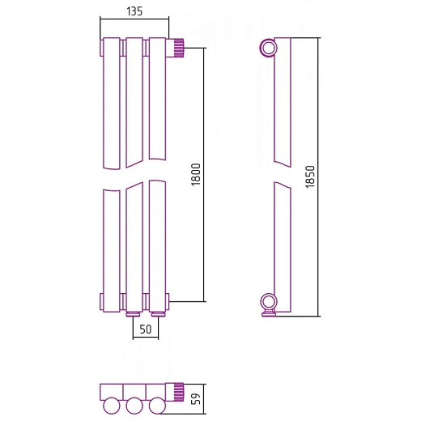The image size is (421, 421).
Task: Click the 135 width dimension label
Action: [x=134, y=11]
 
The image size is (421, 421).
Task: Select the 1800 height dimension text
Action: [x=196, y=174]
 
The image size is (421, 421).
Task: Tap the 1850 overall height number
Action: [x=310, y=176]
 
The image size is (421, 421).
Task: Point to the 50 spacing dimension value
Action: [x=146, y=330]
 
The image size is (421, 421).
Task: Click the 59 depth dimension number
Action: [x=196, y=399]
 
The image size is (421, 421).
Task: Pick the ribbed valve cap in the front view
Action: [x=179, y=48]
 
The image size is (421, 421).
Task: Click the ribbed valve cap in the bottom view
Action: [x=179, y=392]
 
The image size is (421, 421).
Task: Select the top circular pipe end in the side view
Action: [x=269, y=48]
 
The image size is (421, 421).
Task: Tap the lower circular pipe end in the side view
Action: [x=269, y=302]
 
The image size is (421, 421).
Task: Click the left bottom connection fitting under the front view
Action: [x=133, y=314]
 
